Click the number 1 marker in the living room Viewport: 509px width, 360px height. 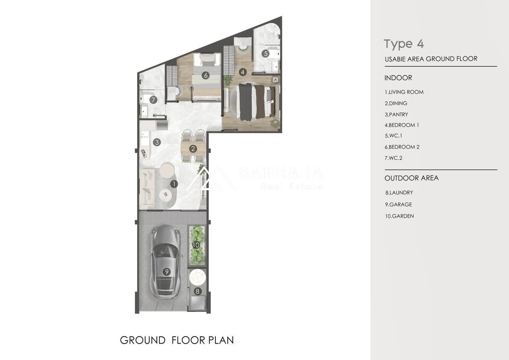[x=174, y=184]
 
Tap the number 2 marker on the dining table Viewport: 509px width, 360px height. [x=193, y=149]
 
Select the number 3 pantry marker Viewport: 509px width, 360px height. [x=157, y=142]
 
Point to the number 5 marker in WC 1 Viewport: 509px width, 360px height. [x=266, y=54]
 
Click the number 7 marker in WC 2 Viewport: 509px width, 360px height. [x=154, y=100]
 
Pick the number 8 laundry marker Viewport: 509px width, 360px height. [x=197, y=291]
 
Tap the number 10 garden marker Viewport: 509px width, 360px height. [x=196, y=245]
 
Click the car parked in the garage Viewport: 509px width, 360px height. [x=166, y=262]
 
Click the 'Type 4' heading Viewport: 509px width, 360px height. [x=404, y=44]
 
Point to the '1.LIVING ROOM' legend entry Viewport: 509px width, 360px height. [x=404, y=92]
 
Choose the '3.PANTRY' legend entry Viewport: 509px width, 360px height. [x=396, y=114]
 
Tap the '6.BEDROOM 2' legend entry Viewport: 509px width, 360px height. [x=402, y=147]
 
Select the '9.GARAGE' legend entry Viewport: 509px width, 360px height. [x=398, y=204]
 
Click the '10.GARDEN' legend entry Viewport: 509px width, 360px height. [x=399, y=216]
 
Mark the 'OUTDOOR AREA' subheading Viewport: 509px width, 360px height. [x=412, y=178]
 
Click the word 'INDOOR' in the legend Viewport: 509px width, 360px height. [x=398, y=78]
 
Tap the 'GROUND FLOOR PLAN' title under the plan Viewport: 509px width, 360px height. [x=177, y=340]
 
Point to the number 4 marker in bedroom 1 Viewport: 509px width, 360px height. [x=243, y=72]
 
